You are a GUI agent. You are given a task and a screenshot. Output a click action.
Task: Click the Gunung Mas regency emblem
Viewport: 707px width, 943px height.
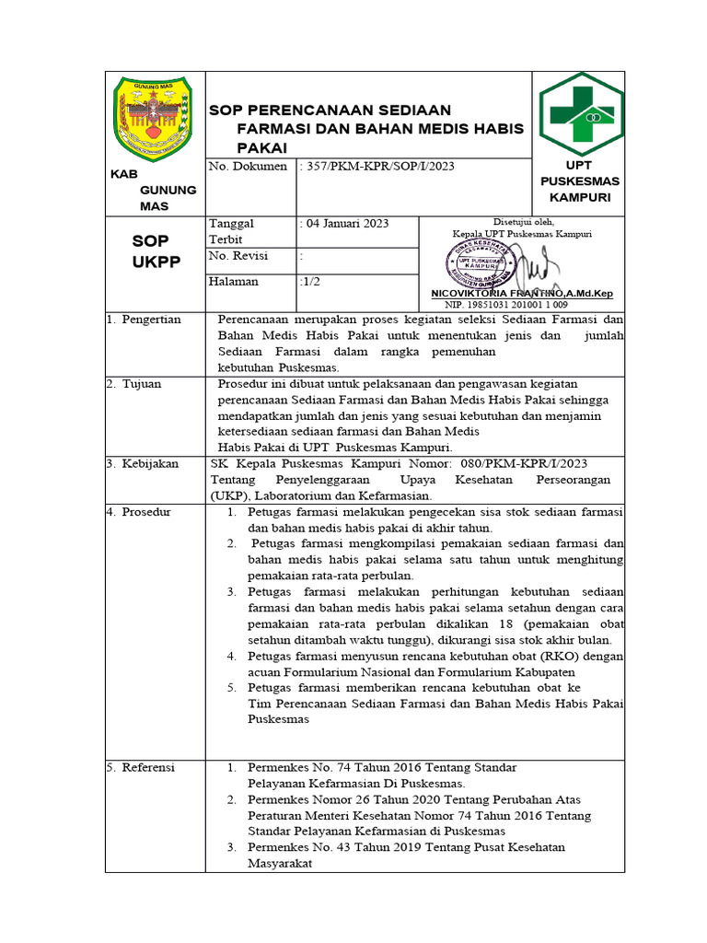(x=151, y=115)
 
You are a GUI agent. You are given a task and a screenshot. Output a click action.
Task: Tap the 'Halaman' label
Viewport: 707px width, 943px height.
(x=234, y=282)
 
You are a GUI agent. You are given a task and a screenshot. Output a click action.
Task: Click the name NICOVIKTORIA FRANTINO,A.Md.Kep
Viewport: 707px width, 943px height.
(x=521, y=293)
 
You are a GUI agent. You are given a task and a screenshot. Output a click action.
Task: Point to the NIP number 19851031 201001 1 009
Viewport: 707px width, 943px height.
(x=505, y=304)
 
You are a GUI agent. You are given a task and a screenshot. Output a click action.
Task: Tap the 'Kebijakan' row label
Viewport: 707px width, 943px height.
(x=150, y=463)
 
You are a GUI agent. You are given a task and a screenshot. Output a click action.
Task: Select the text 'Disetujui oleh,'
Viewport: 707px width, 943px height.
(x=524, y=222)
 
